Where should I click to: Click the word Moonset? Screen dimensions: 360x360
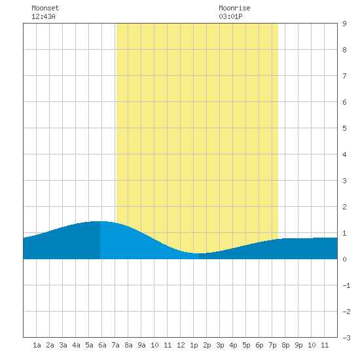45,8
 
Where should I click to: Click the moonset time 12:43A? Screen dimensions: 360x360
43,16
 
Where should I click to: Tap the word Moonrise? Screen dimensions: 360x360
234,8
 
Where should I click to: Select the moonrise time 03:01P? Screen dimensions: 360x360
230,16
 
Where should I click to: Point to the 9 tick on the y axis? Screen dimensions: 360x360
344,24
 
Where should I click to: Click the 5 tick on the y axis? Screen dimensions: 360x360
344,128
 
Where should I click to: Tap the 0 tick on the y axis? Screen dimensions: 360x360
344,259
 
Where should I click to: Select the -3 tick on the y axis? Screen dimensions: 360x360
346,338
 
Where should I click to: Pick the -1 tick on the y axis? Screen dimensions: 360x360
346,285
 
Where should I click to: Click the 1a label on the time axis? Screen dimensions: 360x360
37,345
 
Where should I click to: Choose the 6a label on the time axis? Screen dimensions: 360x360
102,345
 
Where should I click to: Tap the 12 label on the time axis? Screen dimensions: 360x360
181,345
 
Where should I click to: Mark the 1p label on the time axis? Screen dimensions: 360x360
194,345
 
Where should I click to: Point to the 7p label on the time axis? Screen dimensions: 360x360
272,345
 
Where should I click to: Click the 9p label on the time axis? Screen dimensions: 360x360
298,345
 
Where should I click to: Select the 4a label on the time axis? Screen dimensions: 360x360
76,345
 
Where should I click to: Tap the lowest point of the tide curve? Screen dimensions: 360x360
199,253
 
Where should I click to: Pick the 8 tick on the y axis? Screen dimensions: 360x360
344,50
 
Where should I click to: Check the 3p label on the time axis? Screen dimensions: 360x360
220,345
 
